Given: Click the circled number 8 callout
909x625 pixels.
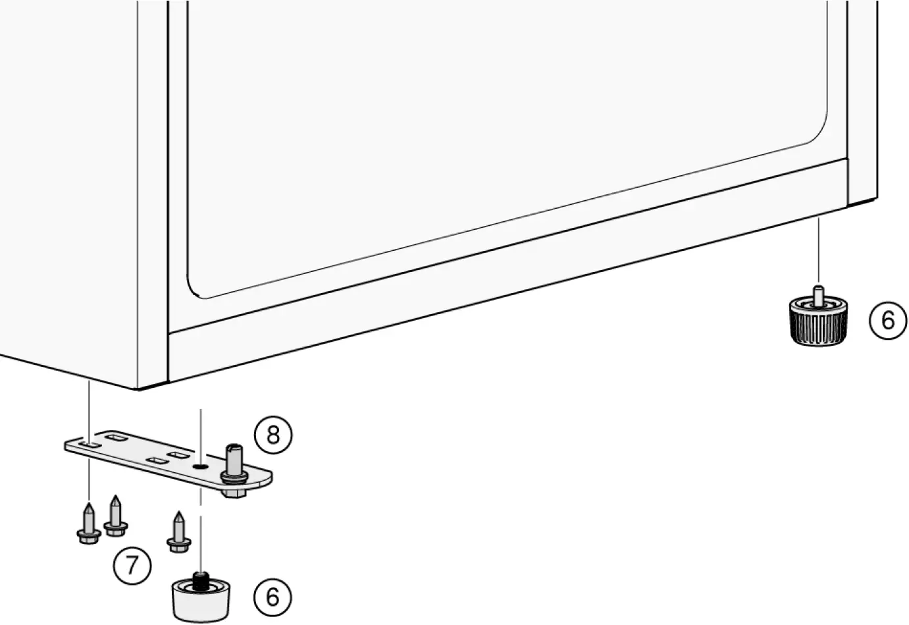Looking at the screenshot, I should point(273,435).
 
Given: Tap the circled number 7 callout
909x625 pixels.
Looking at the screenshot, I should point(132,565).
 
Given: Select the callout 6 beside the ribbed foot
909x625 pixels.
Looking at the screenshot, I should point(888,320).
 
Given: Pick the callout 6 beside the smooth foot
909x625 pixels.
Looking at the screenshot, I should point(273,597).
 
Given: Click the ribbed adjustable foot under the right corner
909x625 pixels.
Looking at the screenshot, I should point(818,323).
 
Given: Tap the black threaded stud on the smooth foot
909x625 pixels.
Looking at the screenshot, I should point(202,580).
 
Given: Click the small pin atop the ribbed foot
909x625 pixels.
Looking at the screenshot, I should point(818,294).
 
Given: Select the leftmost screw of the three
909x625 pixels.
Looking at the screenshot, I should point(89,524).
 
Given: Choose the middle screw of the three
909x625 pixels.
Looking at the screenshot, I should point(116,516).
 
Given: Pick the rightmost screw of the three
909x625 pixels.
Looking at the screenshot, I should point(178,532).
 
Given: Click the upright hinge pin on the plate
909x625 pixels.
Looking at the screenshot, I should point(234,458).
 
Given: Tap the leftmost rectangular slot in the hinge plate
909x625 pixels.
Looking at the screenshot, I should point(90,446).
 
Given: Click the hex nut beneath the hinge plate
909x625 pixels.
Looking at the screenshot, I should point(233,491).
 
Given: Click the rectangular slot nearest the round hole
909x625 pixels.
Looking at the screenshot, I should point(177,455).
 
